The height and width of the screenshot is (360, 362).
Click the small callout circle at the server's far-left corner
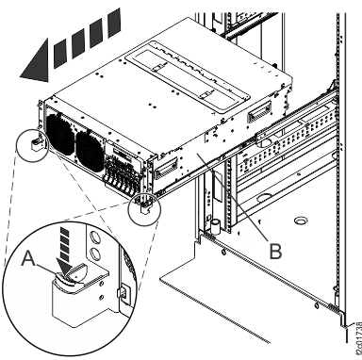(x=35, y=142)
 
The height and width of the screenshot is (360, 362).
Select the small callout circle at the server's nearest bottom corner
(x=142, y=206)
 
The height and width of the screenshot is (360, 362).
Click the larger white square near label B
(x=248, y=236)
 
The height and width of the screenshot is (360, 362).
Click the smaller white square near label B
(x=267, y=220)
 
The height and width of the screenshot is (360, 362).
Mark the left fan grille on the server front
(x=63, y=139)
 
